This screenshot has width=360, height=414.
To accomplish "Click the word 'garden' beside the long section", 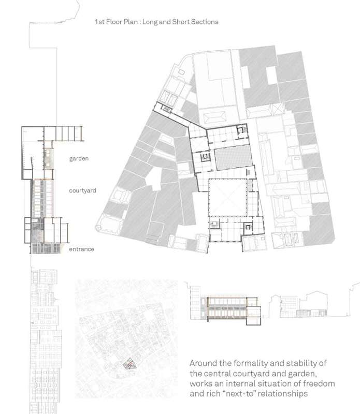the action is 79,159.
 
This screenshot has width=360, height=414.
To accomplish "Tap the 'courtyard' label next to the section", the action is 82,190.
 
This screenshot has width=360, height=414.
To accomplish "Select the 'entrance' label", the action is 81,249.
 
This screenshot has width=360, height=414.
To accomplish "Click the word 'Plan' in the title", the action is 131,22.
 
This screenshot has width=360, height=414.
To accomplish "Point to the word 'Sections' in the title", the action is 205,22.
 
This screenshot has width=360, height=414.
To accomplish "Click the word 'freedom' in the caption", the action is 319,383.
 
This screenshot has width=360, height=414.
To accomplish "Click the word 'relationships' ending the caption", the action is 282,394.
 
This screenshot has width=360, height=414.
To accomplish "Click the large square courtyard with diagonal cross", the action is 227,198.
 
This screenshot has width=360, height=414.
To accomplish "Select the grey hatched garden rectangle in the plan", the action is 233,158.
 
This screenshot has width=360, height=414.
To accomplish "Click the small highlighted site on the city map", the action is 129,364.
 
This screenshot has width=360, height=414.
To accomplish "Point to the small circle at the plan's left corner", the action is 98,227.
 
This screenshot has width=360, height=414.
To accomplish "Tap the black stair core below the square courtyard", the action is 248,227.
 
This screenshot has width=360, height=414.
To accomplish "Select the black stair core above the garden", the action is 240,130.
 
